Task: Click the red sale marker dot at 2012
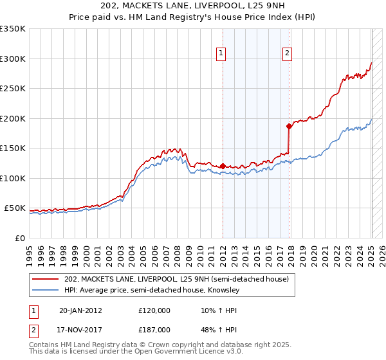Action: [223, 166]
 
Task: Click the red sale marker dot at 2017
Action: [289, 126]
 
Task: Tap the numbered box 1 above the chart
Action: [221, 54]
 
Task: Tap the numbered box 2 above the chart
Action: [287, 54]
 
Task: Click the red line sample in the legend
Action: [46, 279]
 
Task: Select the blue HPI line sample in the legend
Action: [46, 290]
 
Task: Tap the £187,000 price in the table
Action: [154, 330]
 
